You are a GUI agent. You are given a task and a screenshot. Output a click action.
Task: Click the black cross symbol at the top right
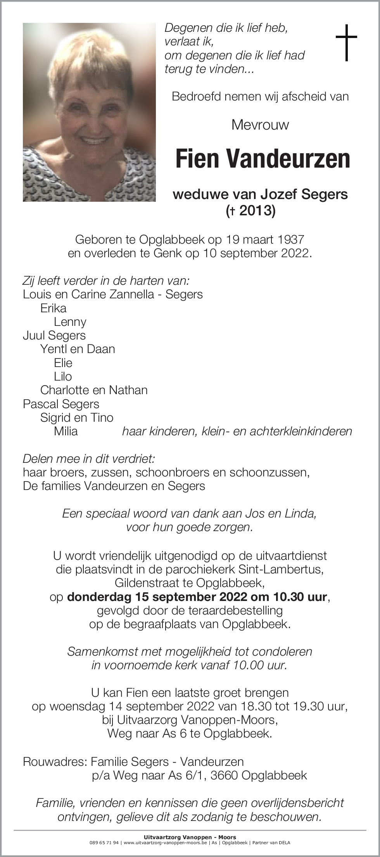(346, 43)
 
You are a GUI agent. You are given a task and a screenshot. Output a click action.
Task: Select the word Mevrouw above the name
(260, 125)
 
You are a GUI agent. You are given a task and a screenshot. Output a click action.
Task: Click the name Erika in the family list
(53, 308)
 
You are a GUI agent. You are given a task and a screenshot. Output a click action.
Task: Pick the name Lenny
(70, 322)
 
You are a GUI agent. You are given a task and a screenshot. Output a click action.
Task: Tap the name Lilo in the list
(63, 377)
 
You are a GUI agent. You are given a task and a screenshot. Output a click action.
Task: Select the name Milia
(66, 431)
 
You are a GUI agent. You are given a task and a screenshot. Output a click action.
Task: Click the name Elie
(63, 363)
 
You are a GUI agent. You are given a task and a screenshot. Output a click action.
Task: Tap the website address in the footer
(165, 843)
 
